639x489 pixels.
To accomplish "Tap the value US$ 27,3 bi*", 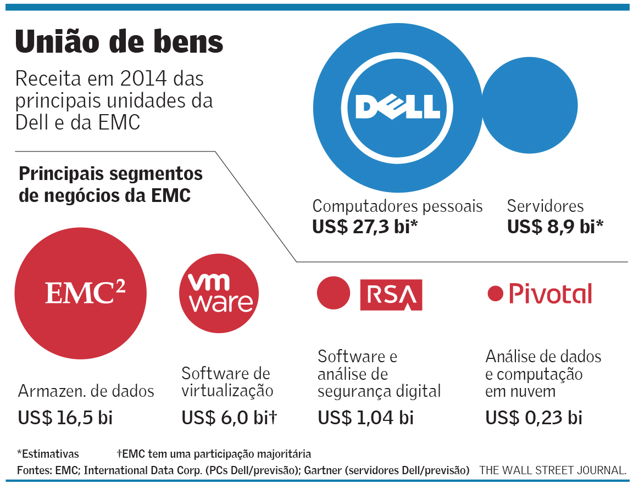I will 362,227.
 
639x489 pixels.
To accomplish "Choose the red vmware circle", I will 219,294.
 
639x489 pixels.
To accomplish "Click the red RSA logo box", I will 391,295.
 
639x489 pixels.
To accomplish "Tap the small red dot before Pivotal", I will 496,294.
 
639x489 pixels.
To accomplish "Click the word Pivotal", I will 550,294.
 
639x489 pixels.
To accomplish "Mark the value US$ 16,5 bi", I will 65,418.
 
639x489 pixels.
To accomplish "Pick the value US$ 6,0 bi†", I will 229,418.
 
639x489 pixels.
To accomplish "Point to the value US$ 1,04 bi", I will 365,418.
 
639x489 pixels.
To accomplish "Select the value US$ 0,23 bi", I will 534,418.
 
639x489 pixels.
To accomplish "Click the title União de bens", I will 119,42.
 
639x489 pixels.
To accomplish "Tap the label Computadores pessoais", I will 397,206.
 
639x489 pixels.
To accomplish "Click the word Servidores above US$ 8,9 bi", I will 545,206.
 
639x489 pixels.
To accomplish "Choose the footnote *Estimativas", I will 48,454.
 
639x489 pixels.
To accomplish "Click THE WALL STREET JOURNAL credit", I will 553,471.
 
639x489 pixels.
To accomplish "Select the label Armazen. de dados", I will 86,391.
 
